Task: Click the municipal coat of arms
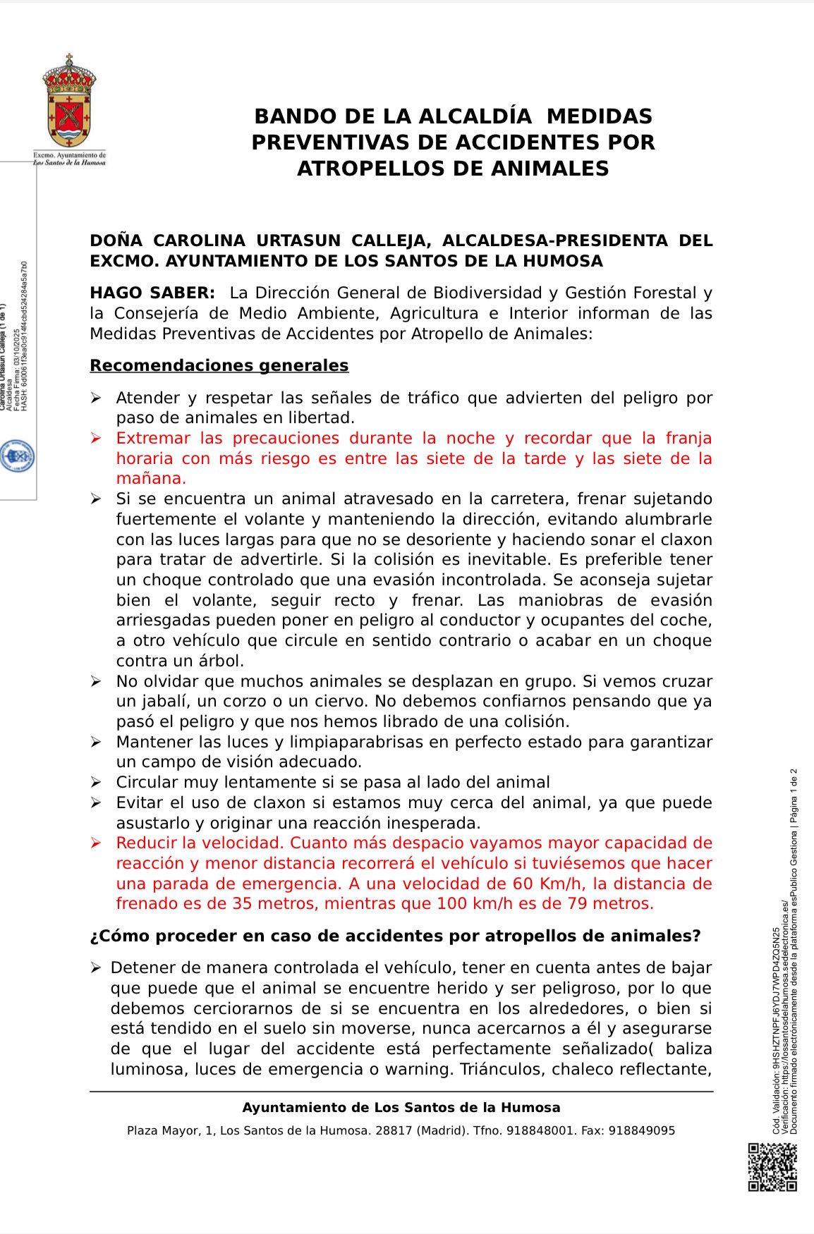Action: (70, 102)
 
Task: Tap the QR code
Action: (772, 1167)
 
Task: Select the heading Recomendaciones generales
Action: (219, 366)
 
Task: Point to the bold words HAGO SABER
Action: (152, 293)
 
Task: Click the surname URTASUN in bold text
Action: (297, 241)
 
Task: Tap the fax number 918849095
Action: (642, 1131)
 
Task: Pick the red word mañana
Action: (150, 479)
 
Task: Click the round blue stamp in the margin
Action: (18, 457)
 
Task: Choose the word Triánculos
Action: (502, 1070)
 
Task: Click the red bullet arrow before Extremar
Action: (96, 439)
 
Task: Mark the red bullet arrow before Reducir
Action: (96, 843)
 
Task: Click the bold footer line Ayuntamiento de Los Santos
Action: (401, 1108)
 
